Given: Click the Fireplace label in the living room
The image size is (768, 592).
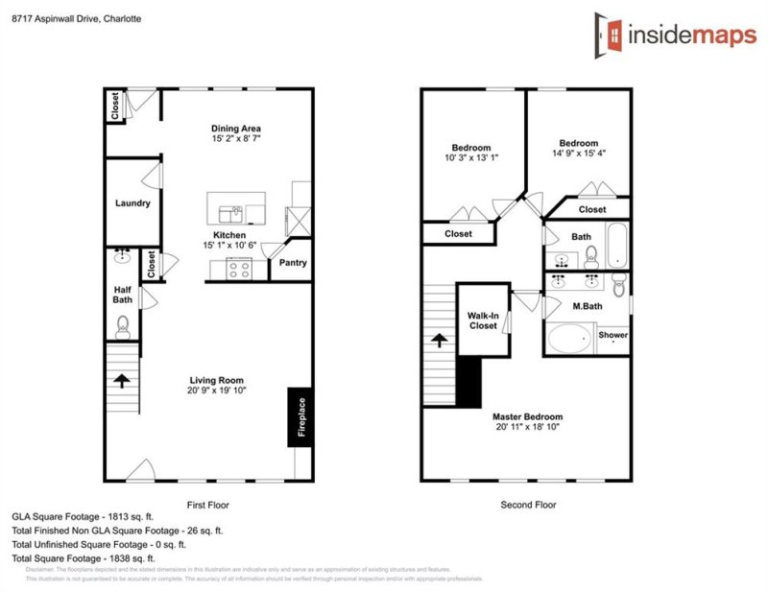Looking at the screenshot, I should point(300,417).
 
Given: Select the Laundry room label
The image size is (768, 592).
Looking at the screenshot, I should point(132,203).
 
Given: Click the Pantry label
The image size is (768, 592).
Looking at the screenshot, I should point(292,262).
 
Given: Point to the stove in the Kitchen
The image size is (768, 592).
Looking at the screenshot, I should point(237,271).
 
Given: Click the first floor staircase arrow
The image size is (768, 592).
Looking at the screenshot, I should point(123,381).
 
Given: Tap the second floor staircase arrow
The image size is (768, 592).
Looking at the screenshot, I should point(439,341).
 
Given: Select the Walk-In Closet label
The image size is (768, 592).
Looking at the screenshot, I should point(483,320).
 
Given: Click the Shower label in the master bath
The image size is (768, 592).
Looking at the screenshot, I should point(613,335).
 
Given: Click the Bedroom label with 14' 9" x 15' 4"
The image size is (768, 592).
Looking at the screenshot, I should point(579,143).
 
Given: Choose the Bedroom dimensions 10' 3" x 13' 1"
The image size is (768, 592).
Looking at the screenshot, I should point(471,158).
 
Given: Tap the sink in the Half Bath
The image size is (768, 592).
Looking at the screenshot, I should point(123,257).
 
